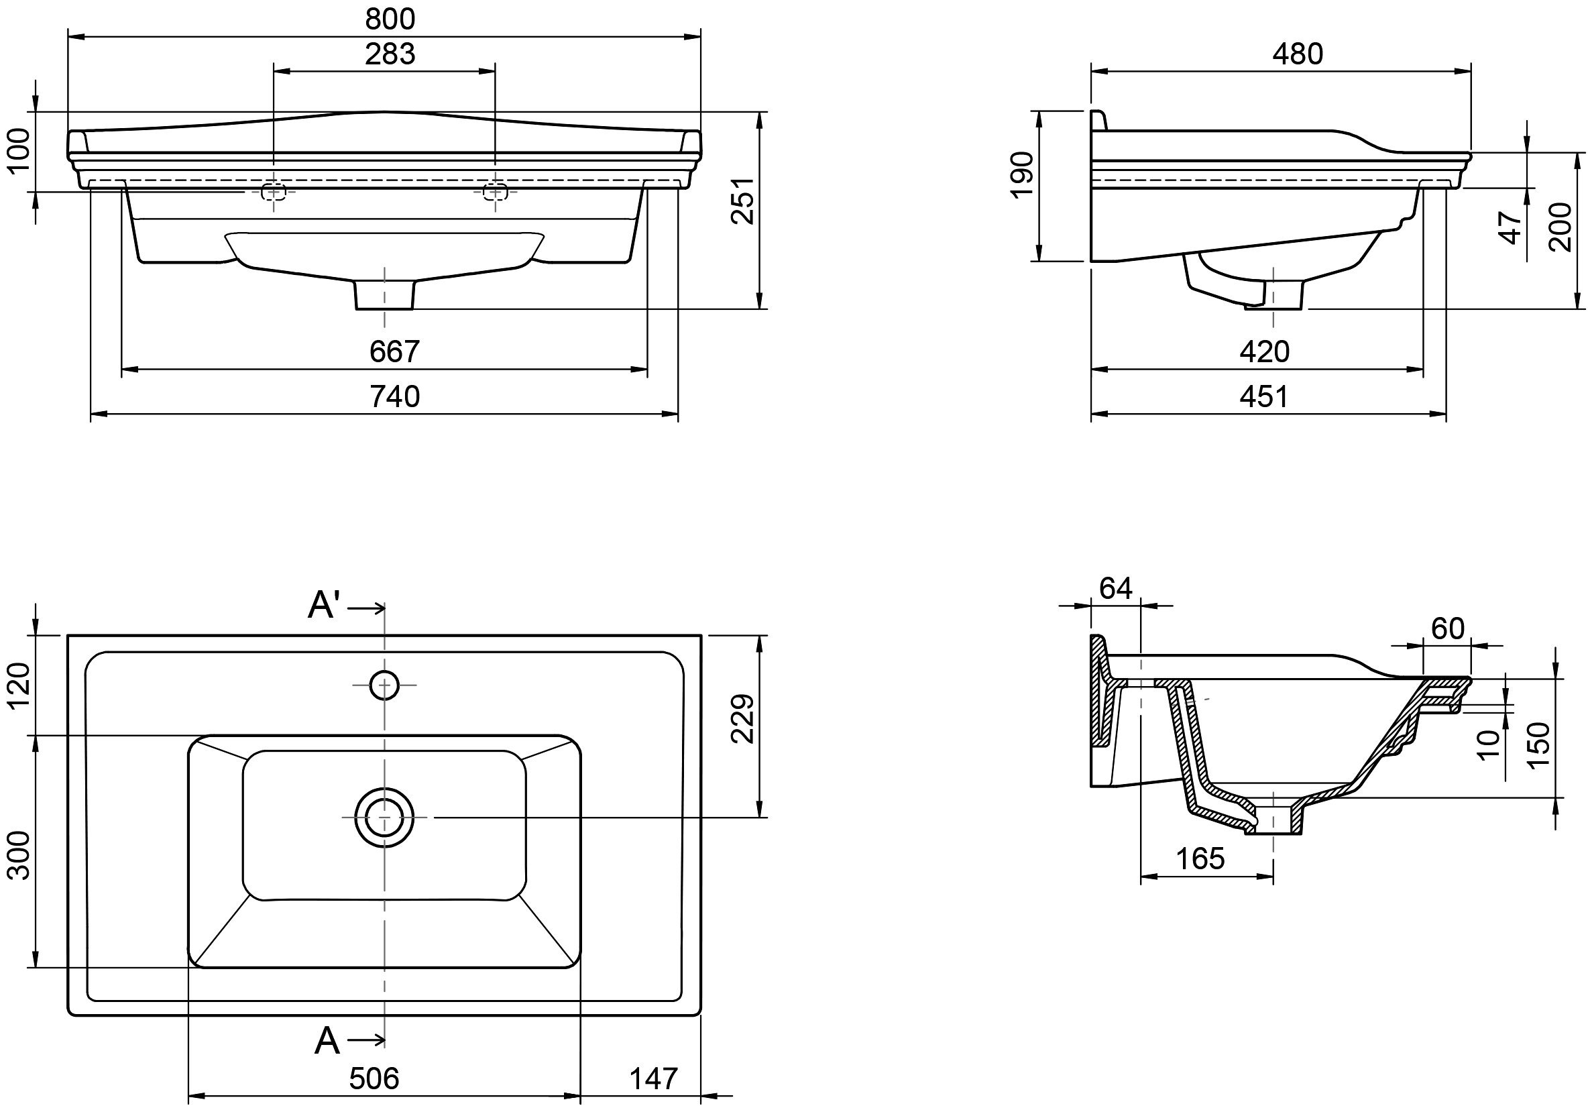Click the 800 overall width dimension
coord(390,19)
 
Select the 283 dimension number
coord(390,54)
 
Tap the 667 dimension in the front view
coord(394,351)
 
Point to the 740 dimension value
coord(394,396)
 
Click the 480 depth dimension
coord(1297,54)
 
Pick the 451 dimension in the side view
coord(1264,397)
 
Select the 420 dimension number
coord(1264,351)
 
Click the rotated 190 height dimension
coord(1022,175)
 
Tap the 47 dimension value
coord(1511,227)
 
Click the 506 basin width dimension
coord(374,1078)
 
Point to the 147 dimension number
coord(653,1078)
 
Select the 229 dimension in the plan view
coord(742,718)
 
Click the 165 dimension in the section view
coord(1200,858)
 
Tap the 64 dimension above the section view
coord(1116,589)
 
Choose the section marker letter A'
coord(323,606)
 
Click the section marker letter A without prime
coord(327,1041)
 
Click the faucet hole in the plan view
coord(384,685)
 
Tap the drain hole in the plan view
coord(384,817)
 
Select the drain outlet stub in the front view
coord(384,294)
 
